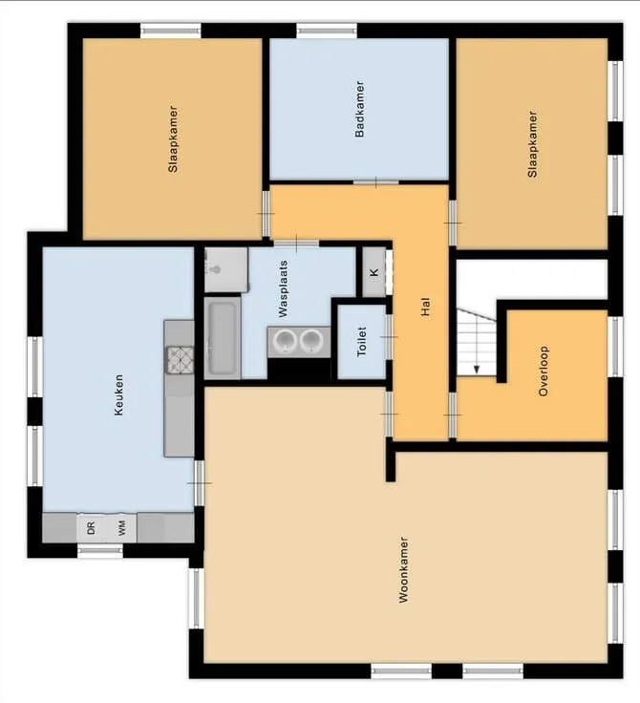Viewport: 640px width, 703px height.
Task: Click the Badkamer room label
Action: [x=359, y=109]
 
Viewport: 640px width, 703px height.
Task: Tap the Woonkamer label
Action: [x=404, y=569]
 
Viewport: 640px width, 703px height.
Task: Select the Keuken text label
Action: [x=118, y=395]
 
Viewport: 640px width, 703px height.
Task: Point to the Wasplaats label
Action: [x=283, y=289]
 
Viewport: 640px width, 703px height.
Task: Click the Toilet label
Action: [x=362, y=342]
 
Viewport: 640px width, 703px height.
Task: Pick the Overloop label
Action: [x=544, y=371]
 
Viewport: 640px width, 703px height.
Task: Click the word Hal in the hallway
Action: [x=426, y=307]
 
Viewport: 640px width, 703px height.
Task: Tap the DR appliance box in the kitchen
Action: [x=92, y=528]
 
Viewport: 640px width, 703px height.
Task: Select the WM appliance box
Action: [x=121, y=528]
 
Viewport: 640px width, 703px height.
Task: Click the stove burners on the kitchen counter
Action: [x=181, y=360]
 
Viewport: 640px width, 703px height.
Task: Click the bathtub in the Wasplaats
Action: [x=223, y=338]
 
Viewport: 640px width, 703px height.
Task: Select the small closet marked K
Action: [x=374, y=272]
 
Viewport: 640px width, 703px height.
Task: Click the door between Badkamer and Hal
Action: [x=375, y=182]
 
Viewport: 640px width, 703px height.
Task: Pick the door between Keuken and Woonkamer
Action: [x=200, y=483]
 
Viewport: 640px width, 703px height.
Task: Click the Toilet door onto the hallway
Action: [x=389, y=337]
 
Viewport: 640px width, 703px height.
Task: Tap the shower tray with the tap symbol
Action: [x=226, y=270]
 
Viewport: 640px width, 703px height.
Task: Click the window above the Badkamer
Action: [x=327, y=31]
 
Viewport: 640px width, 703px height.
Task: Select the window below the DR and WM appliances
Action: [x=100, y=550]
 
